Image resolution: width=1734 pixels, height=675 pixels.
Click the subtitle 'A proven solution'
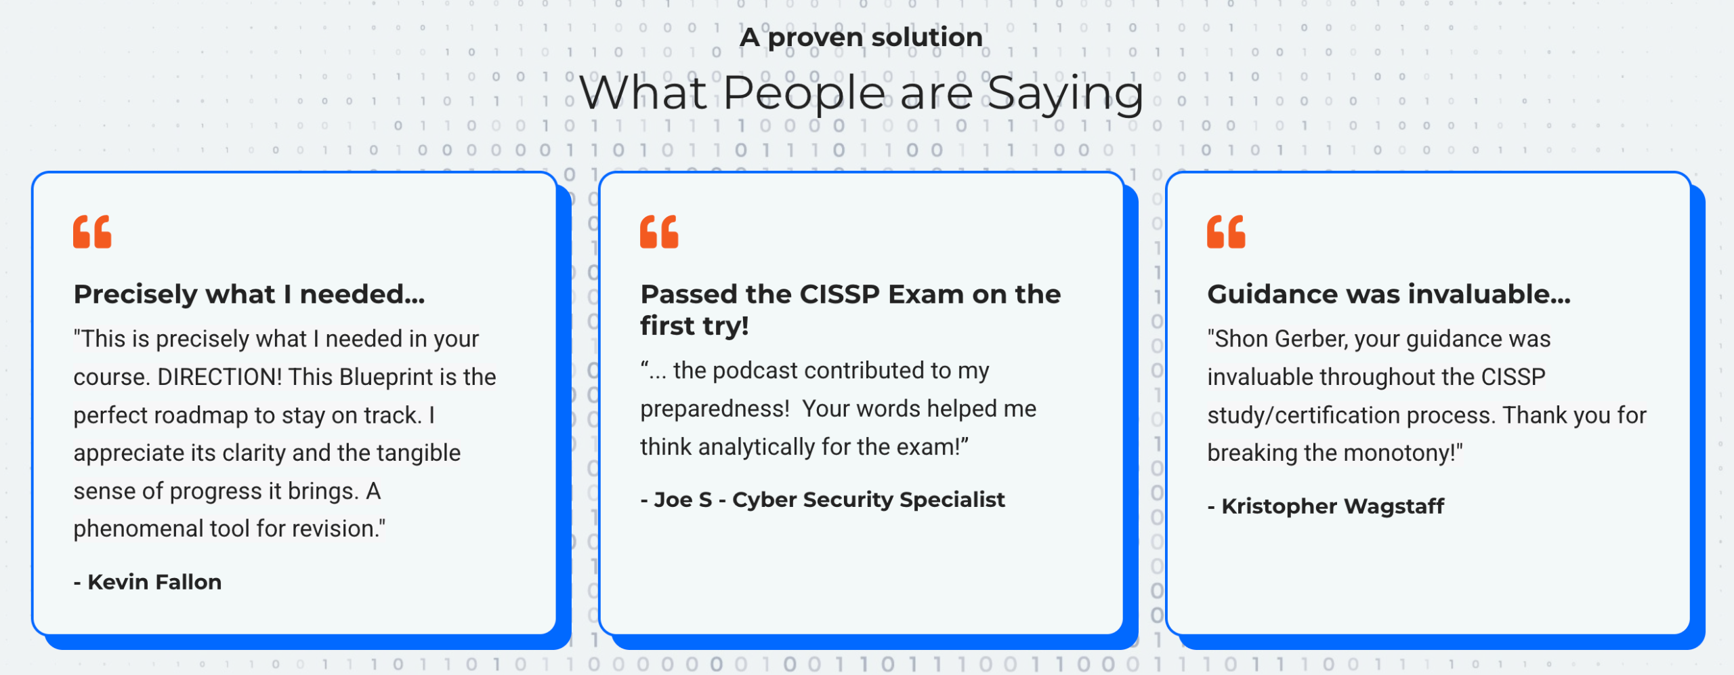click(861, 37)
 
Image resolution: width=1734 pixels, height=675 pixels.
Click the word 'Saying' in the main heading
click(1065, 94)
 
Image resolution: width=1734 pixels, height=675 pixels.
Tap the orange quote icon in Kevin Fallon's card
click(92, 232)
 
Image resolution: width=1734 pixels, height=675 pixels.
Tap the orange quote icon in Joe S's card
click(659, 232)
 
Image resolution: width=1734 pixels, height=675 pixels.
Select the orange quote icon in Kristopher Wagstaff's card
click(1226, 232)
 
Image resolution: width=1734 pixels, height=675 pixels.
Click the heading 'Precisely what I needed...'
click(249, 294)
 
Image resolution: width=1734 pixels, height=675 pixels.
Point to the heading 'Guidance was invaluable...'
click(1389, 294)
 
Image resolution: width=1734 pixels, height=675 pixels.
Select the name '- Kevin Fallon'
click(148, 581)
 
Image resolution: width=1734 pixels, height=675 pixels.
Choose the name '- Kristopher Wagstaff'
click(1326, 506)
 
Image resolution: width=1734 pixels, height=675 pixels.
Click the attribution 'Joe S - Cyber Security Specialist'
click(822, 499)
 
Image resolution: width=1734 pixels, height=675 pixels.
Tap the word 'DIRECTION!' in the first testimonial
click(219, 377)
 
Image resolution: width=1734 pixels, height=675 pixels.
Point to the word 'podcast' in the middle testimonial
click(755, 371)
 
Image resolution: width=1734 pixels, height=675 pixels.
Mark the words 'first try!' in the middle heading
click(694, 326)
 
